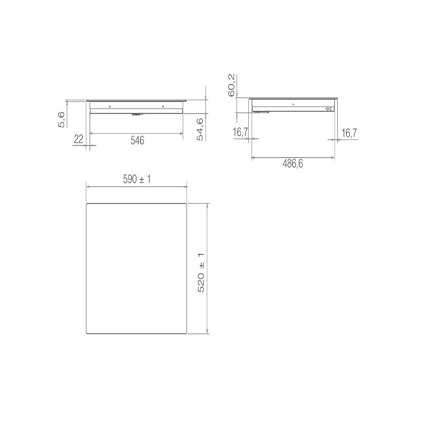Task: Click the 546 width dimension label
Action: click(137, 141)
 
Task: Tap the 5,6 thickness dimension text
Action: click(62, 119)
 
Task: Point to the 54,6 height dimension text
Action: click(200, 129)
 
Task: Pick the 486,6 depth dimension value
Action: click(293, 164)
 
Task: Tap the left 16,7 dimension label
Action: click(240, 133)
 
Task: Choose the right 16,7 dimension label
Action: click(349, 133)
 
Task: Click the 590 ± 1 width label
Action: click(137, 179)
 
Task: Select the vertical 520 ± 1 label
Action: click(201, 272)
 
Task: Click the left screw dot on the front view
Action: click(110, 107)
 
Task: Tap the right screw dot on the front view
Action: click(163, 107)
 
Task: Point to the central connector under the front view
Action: click(137, 114)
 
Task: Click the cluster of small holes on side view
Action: click(328, 109)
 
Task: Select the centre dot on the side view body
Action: click(293, 104)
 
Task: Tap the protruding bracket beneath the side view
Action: click(261, 112)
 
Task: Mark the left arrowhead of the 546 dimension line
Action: click(92, 134)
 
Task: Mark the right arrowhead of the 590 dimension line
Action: click(185, 186)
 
